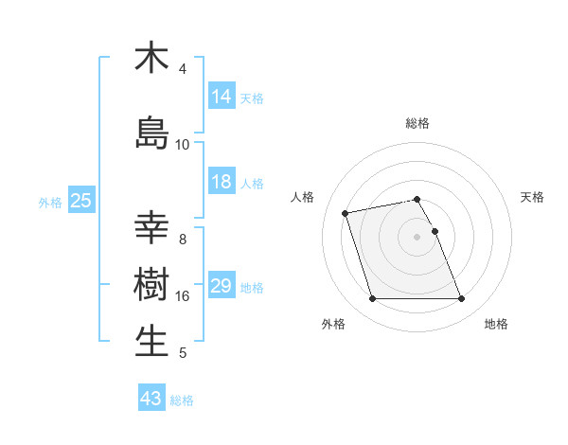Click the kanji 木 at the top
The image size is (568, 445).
coord(151,58)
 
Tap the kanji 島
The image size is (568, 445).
coord(151,133)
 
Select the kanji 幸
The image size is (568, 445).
coord(151,228)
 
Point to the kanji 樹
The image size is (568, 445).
coord(151,283)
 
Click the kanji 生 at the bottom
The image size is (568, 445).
coord(151,340)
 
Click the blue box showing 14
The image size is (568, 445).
coord(221,96)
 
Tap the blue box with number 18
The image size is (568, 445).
coord(221,182)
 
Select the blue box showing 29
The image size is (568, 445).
coord(221,286)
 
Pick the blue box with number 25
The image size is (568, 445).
coord(80,201)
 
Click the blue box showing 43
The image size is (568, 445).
coord(151,399)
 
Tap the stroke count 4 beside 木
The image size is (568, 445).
coord(182,69)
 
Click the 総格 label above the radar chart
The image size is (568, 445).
coord(417,123)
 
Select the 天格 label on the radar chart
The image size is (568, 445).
coord(532,197)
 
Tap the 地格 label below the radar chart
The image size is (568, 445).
coord(496,324)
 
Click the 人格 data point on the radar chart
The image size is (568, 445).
coord(346,212)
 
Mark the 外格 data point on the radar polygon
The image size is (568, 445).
coord(372,299)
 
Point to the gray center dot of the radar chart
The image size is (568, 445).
coord(417,237)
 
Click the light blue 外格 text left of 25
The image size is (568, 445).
coord(50,202)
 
